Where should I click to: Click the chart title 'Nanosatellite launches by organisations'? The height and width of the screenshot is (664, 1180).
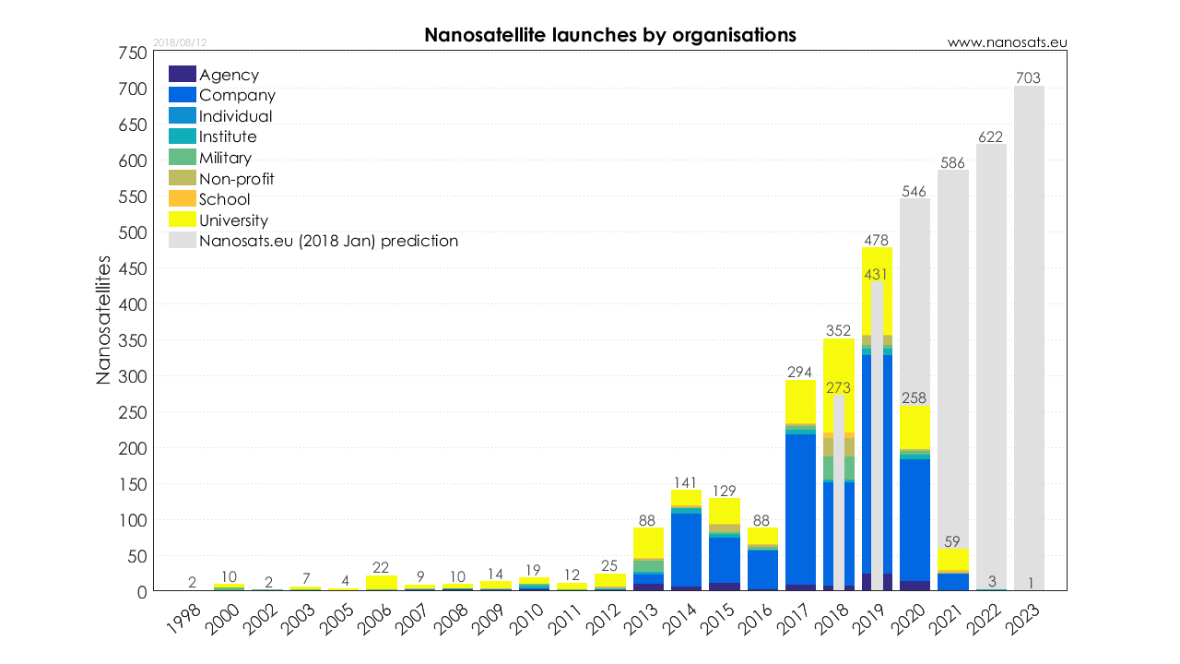click(x=610, y=35)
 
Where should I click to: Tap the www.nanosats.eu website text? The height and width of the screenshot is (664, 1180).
click(x=1007, y=42)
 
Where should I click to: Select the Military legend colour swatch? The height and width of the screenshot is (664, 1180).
click(x=183, y=158)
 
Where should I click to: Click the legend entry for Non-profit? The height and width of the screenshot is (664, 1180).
click(x=236, y=179)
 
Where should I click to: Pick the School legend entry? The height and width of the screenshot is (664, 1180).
click(x=224, y=199)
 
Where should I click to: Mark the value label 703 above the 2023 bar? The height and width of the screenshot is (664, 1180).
click(x=1029, y=78)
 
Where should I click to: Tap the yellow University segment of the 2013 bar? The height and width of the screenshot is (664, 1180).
click(x=648, y=542)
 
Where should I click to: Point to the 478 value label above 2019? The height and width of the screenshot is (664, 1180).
click(x=877, y=240)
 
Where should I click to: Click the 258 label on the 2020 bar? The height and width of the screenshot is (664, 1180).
click(x=914, y=397)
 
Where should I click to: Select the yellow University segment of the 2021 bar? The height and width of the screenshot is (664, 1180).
click(x=953, y=559)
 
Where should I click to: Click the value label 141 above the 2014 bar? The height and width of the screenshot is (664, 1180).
click(x=686, y=482)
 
